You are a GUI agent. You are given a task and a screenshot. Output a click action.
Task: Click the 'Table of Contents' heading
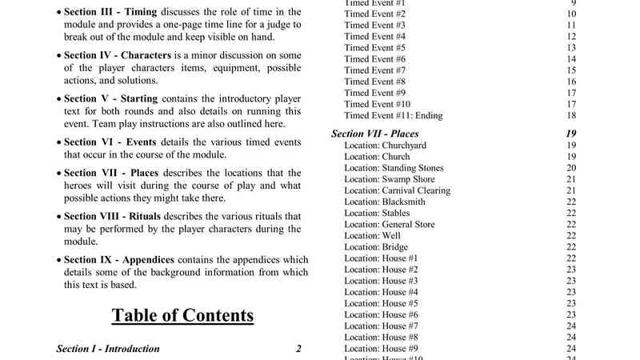click(x=182, y=314)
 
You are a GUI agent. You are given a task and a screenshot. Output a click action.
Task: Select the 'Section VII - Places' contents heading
click(x=374, y=134)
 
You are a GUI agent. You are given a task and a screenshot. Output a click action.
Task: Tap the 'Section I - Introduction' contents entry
click(x=108, y=349)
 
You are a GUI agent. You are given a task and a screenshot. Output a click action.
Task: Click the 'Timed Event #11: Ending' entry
click(x=393, y=116)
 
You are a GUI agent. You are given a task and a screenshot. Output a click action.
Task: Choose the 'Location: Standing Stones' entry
click(x=394, y=168)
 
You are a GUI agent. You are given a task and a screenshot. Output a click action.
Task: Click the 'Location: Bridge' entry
click(x=375, y=247)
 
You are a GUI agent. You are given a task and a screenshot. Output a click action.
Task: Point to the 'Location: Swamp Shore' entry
click(x=386, y=180)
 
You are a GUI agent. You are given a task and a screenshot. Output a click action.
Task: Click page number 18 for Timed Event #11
click(x=571, y=116)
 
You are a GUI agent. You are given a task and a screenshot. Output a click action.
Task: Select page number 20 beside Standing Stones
click(x=571, y=168)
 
